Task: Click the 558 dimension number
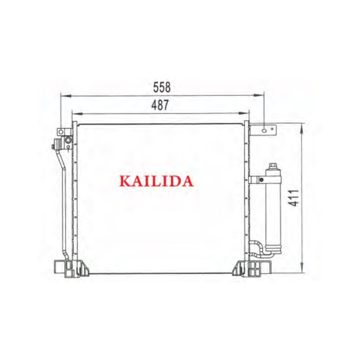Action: click(x=162, y=87)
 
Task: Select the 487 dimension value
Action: click(x=160, y=105)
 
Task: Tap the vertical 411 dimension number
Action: click(x=293, y=198)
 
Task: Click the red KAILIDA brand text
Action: click(x=156, y=181)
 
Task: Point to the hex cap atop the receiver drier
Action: click(x=273, y=166)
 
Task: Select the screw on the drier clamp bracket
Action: click(x=261, y=180)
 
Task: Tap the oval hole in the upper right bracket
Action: click(x=264, y=131)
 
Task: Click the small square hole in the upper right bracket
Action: click(x=272, y=129)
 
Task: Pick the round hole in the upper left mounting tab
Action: click(x=61, y=132)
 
